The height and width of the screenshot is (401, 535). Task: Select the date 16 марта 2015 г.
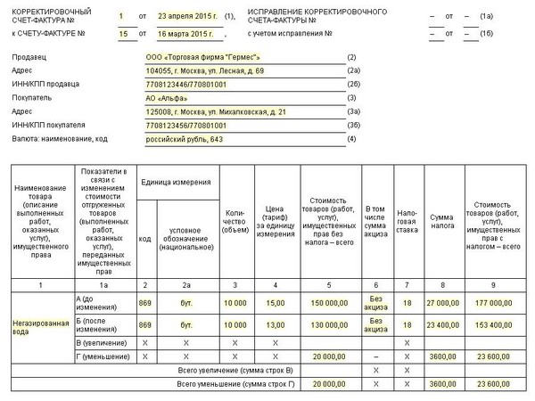(x=187, y=34)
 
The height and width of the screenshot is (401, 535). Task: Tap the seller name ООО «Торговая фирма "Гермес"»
(x=203, y=56)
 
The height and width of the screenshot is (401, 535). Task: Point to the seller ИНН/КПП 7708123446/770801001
(x=188, y=83)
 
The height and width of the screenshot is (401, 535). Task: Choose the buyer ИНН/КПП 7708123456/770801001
(x=188, y=125)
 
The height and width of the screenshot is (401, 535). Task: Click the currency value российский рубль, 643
(x=184, y=138)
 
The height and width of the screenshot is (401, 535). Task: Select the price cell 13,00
(x=275, y=325)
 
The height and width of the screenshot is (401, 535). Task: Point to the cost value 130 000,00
(x=329, y=325)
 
